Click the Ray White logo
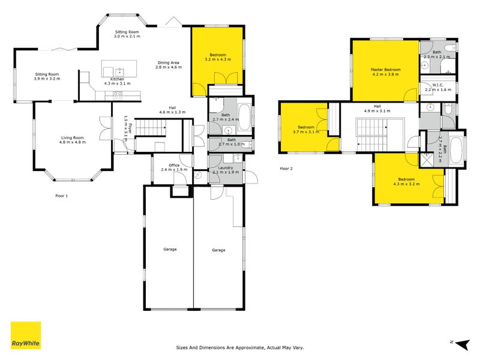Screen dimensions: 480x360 click(26, 335)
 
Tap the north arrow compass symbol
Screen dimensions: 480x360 click(463, 344)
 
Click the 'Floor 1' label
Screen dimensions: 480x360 click(62, 196)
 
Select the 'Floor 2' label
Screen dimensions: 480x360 click(286, 169)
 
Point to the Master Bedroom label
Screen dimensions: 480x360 click(385, 70)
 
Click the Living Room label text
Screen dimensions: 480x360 click(72, 138)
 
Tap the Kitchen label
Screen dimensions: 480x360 click(117, 79)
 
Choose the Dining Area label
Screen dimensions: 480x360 click(169, 62)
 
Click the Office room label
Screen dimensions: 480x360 click(174, 165)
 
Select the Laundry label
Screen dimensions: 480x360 click(226, 168)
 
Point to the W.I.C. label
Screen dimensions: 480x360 click(438, 85)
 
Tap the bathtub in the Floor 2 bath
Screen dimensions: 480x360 click(457, 150)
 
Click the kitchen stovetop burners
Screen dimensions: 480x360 click(118, 95)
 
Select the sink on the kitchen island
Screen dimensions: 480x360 click(119, 72)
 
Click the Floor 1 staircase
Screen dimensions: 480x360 click(151, 127)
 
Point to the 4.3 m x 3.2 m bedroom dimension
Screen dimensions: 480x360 click(407, 184)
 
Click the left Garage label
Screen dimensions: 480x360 click(170, 249)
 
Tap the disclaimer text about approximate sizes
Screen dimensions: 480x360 click(240, 347)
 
